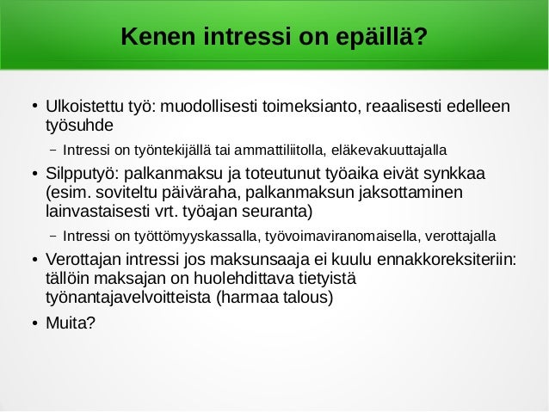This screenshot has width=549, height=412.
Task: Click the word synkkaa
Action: [457, 175]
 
